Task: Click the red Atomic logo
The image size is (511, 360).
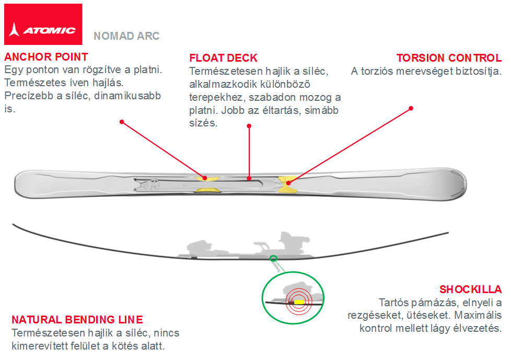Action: [43, 24]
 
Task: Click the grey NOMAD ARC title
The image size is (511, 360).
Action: [126, 37]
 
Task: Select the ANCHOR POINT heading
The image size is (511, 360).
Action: [46, 56]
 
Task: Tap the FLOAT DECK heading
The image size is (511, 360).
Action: [223, 58]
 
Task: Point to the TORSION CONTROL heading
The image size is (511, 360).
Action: [449, 58]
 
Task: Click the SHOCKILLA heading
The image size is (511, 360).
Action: [470, 289]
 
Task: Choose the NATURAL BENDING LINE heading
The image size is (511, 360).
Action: [77, 320]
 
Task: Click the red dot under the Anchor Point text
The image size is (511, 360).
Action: [121, 122]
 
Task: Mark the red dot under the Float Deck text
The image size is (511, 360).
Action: [249, 125]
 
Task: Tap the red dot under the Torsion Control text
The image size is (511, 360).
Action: [411, 108]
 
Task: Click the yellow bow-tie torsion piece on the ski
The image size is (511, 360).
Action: [287, 184]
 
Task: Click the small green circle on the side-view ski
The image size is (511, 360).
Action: [273, 258]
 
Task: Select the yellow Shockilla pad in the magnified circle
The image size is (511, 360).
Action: [298, 301]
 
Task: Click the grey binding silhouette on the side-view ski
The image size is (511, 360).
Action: [246, 246]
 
